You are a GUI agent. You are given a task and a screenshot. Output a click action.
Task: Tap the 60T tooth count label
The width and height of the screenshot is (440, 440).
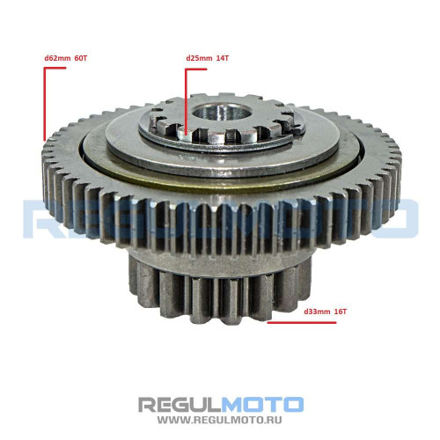point(81,58)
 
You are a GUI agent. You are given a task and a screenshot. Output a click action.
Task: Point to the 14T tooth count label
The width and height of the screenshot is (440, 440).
point(223,58)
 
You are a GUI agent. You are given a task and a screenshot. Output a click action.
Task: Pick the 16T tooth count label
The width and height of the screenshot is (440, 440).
point(341,312)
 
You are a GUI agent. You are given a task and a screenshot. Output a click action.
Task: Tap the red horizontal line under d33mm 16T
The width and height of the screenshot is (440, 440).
point(302,323)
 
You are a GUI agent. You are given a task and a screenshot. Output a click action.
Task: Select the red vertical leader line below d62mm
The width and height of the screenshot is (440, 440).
point(45,104)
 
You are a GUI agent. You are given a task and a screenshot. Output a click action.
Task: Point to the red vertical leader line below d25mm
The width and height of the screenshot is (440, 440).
point(186,101)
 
